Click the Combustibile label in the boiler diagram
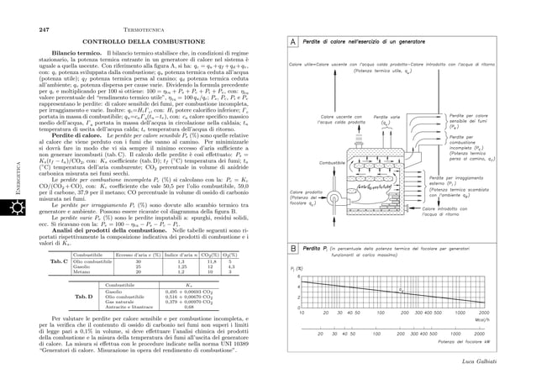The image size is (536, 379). tap(334, 162)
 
